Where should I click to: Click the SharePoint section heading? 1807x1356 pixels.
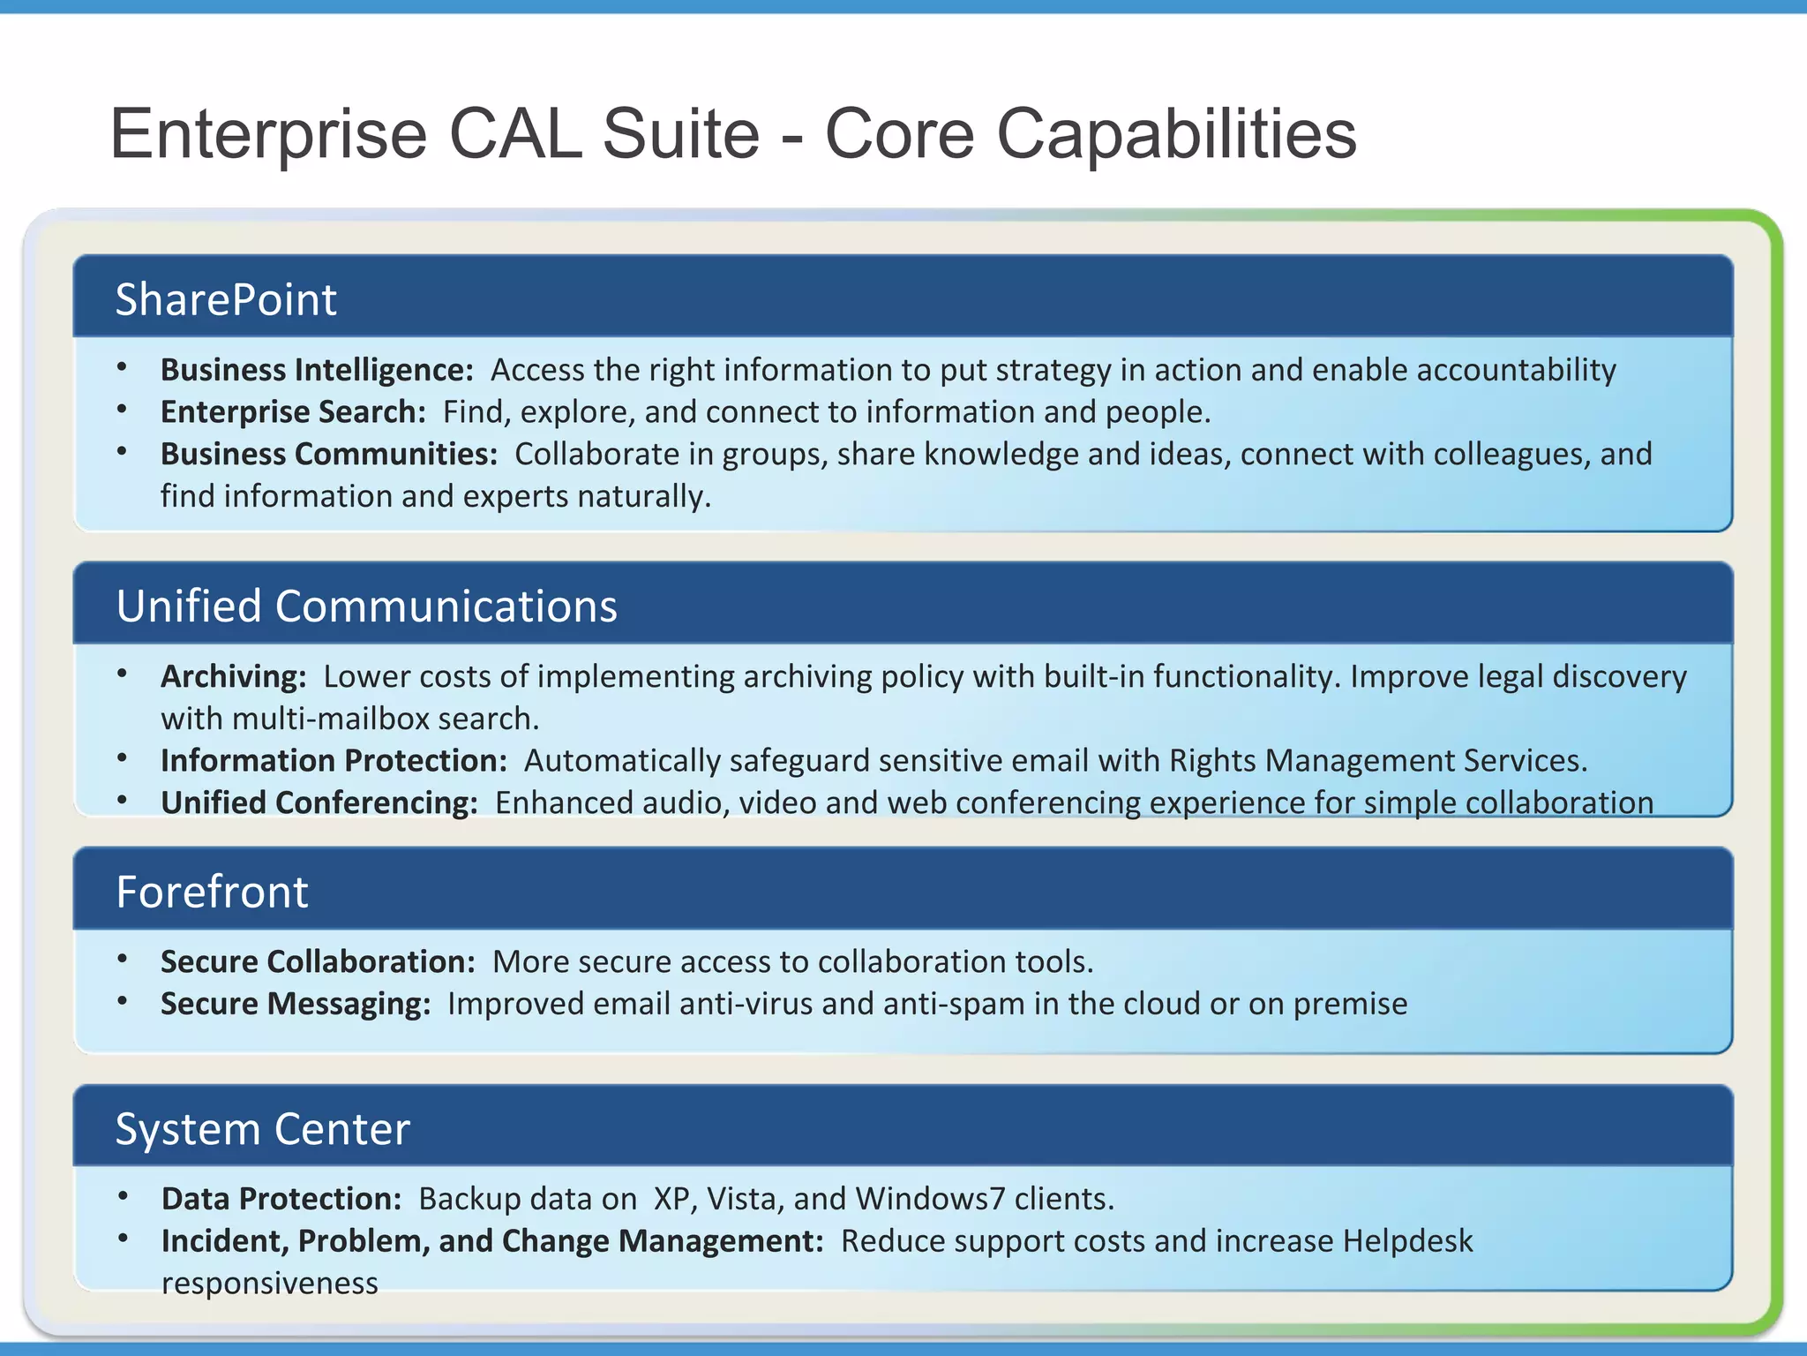226,299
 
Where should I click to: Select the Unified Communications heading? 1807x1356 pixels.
366,606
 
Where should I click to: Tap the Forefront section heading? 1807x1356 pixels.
212,892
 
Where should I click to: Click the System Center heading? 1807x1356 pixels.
263,1129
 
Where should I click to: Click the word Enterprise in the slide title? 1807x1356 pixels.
268,134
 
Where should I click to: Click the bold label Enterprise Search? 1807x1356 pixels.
293,412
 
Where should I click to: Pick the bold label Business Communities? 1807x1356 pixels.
329,454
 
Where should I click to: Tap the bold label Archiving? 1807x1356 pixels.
234,676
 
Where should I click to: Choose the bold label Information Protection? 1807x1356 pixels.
334,761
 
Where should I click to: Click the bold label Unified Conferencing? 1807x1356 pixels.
319,803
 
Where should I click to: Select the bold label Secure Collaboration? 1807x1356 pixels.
318,961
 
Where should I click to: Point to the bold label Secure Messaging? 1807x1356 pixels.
296,1004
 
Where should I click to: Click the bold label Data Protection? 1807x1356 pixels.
281,1199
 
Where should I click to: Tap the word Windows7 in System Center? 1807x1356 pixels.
930,1199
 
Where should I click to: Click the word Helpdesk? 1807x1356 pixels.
1407,1241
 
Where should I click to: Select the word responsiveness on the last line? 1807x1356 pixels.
269,1283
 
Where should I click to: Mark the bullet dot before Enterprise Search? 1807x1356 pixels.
123,410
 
